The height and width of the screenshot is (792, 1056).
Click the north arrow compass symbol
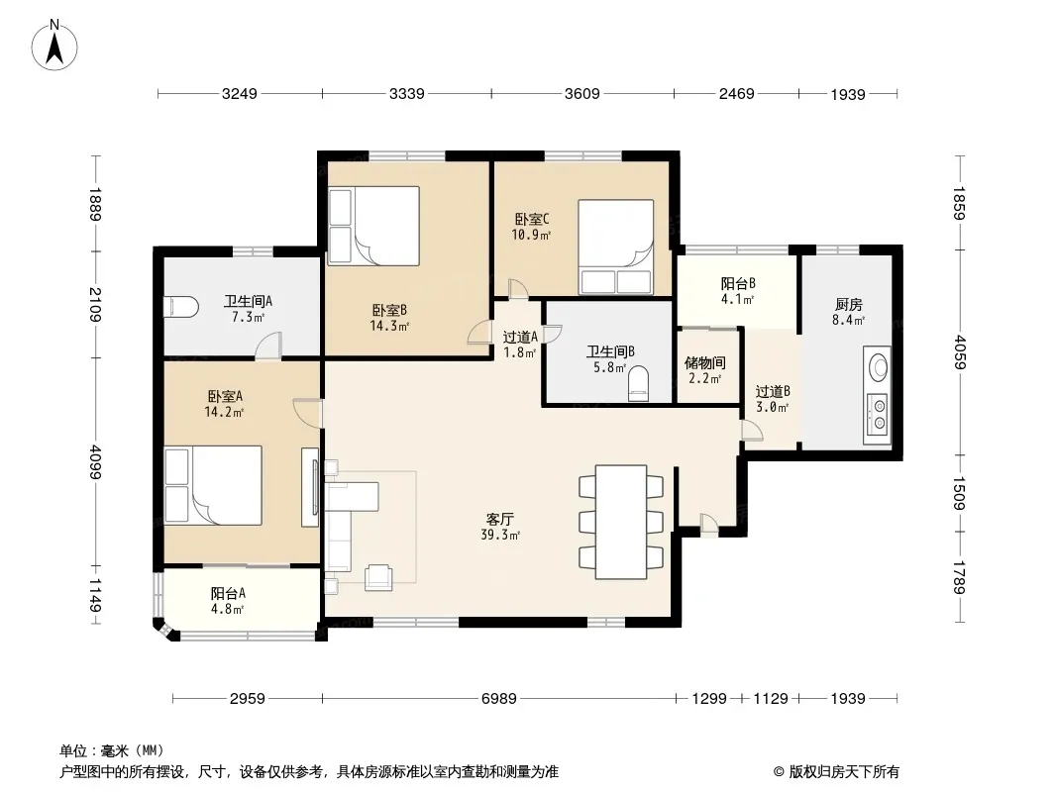(54, 46)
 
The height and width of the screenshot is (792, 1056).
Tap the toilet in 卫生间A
(181, 308)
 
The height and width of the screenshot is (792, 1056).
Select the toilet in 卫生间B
(638, 384)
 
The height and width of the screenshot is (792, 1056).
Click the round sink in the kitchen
(878, 367)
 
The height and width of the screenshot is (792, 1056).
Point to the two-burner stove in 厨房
(878, 413)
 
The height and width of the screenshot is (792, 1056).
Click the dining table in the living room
(621, 522)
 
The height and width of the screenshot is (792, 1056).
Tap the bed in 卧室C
(615, 247)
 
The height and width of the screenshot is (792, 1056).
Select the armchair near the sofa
(377, 578)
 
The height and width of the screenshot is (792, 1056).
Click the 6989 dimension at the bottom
(498, 699)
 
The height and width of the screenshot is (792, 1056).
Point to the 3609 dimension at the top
(581, 93)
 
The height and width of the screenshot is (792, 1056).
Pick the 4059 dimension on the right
(960, 351)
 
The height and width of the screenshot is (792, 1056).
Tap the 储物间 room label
(705, 362)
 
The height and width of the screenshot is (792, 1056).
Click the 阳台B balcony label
(738, 284)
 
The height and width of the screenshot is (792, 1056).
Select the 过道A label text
(520, 338)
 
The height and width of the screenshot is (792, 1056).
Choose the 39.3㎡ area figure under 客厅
(499, 536)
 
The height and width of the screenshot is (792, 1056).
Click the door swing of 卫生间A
(267, 346)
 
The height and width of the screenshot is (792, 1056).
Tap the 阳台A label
(228, 593)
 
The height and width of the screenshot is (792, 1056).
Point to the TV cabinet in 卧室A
(310, 486)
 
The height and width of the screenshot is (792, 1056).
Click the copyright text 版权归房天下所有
(844, 772)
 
